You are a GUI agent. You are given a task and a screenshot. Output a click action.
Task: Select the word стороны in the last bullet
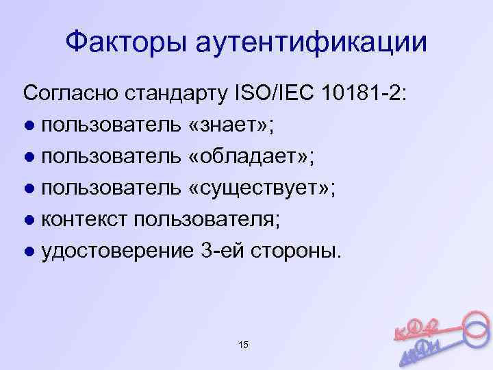[298, 252]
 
